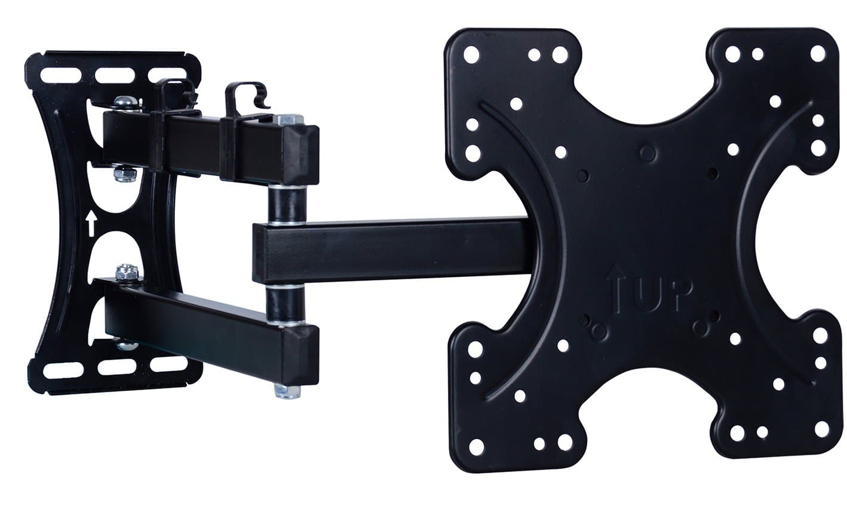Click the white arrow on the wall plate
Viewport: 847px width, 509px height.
[x=91, y=224]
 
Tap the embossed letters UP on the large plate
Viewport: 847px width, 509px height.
[x=660, y=294]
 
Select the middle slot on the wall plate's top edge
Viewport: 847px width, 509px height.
[x=115, y=76]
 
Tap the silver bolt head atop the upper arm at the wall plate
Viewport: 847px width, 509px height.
[x=127, y=103]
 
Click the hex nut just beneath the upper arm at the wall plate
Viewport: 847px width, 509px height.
[x=125, y=174]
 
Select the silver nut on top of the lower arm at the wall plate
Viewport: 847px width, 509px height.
[x=127, y=272]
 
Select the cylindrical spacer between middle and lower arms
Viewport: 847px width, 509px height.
[x=285, y=304]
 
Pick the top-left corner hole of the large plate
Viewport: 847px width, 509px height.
[x=471, y=55]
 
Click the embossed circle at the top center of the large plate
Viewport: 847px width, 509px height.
[x=647, y=154]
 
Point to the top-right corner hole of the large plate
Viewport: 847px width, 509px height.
[x=817, y=54]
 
